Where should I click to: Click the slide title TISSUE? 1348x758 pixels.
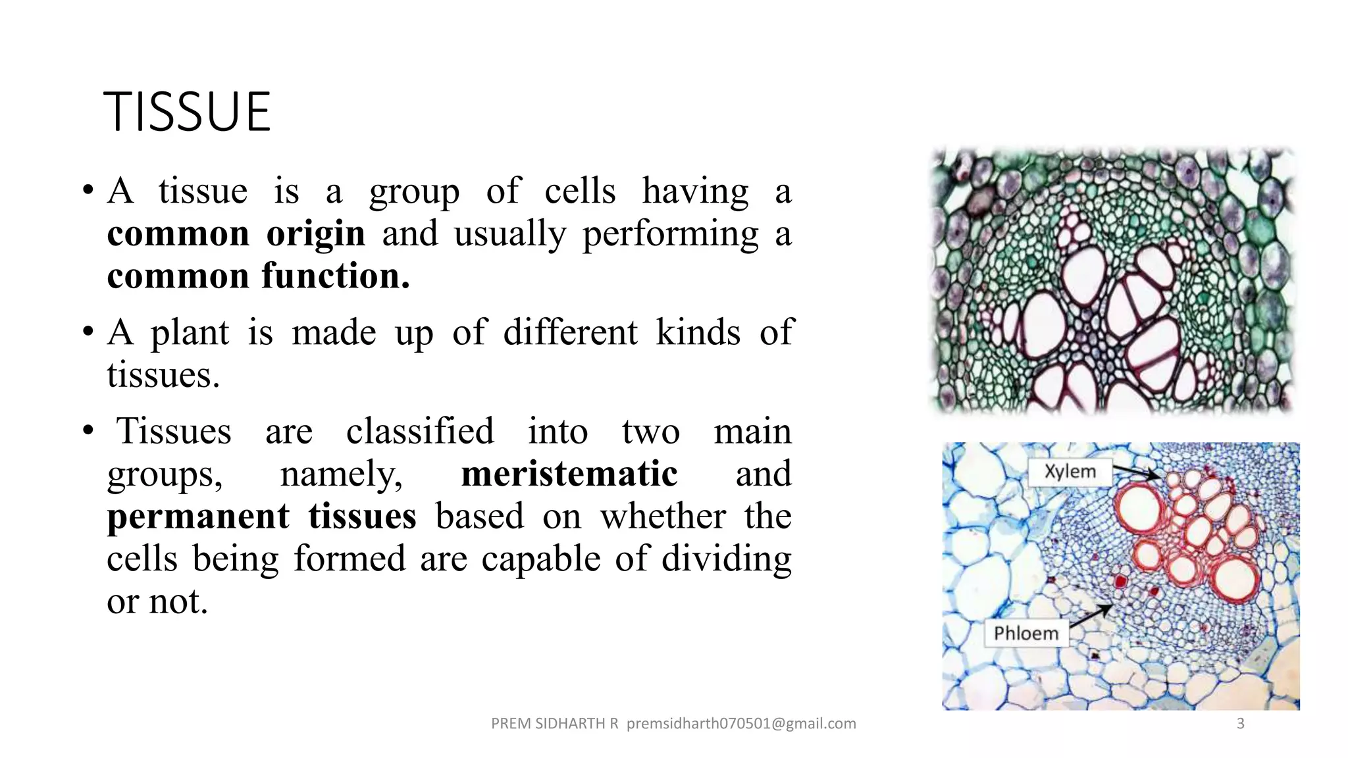point(187,112)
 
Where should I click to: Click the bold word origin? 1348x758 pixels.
point(315,234)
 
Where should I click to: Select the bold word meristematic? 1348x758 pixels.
point(569,474)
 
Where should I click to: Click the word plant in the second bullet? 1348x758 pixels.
point(190,332)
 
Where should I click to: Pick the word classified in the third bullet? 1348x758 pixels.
point(420,432)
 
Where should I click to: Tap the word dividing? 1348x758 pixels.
point(726,559)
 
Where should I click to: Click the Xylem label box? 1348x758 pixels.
point(1070,472)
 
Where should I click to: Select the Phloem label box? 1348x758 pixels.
point(1026,633)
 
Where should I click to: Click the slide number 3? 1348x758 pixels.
point(1240,724)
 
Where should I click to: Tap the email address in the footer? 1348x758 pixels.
point(741,724)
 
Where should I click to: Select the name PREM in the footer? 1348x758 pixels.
point(511,724)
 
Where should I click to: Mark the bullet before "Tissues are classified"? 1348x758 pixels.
point(88,431)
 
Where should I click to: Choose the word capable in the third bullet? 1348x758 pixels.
point(540,559)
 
